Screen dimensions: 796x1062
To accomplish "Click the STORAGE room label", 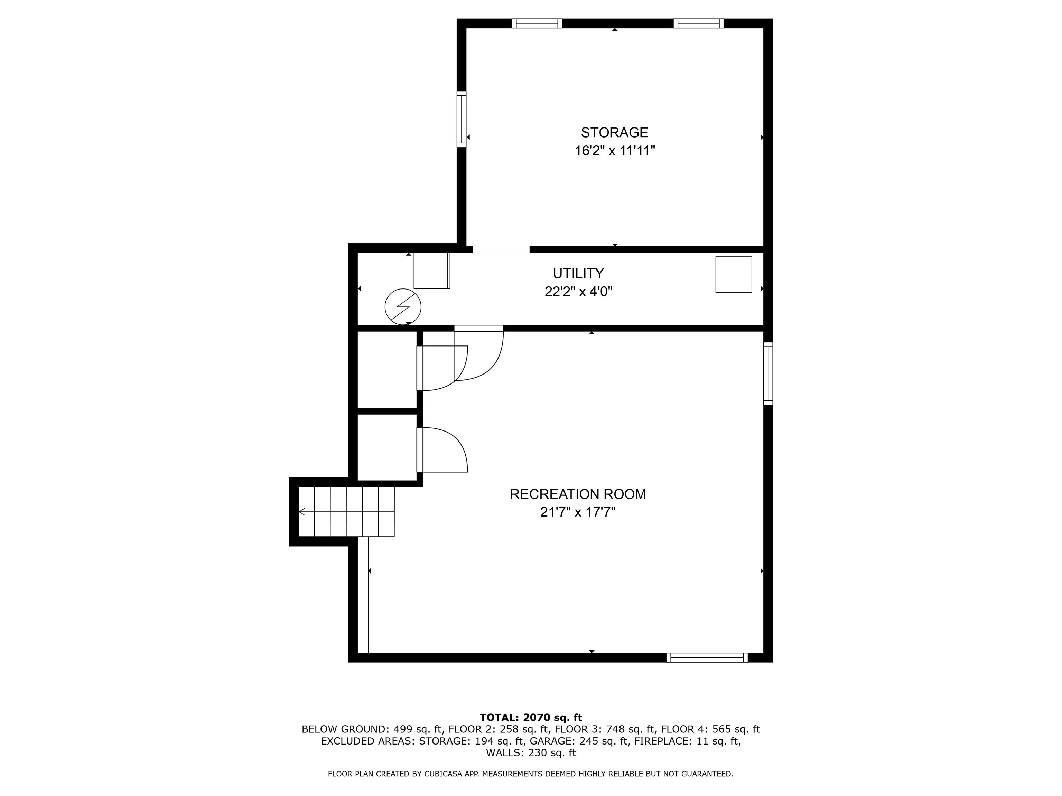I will [x=614, y=132].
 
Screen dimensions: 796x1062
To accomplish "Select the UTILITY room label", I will [x=578, y=274].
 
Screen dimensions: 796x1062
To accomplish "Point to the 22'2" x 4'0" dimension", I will [x=578, y=292].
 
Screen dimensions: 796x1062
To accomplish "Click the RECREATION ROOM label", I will [x=578, y=494].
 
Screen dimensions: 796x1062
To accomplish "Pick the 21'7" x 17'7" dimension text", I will [x=578, y=512].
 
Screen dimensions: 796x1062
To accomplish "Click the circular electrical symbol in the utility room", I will [x=403, y=306].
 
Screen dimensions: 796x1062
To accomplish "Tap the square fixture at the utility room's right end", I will [x=733, y=274].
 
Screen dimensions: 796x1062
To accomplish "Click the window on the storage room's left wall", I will [x=462, y=119].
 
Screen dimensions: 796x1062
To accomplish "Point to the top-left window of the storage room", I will [x=537, y=23].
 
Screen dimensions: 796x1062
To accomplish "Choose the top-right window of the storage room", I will [x=698, y=23].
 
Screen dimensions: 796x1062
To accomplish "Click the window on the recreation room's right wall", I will [x=768, y=373].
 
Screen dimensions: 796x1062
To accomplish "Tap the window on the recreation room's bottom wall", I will [x=707, y=657].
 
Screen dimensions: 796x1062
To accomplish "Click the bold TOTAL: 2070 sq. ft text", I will [x=531, y=717].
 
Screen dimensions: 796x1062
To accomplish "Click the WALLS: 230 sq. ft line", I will [x=531, y=753].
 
